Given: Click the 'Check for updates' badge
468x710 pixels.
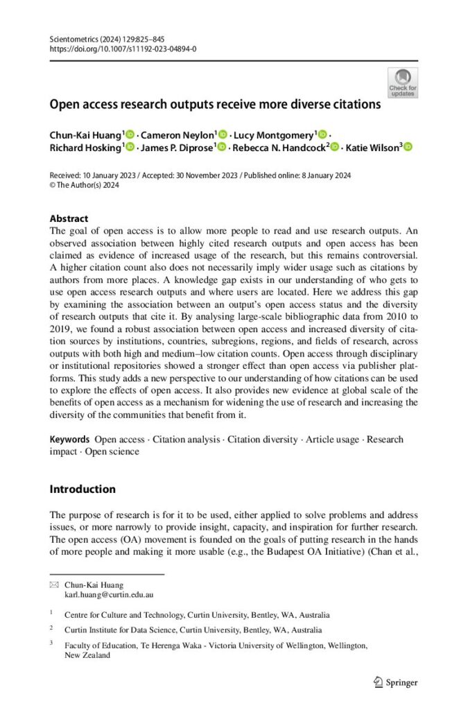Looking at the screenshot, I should coord(402,83).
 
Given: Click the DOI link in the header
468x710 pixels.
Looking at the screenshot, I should coord(123,49).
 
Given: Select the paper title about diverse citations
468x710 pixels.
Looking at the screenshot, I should coord(215,105).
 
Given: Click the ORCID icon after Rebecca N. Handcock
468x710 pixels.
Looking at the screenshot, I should coord(336,147).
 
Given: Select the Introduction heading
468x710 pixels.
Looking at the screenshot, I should coord(83,489).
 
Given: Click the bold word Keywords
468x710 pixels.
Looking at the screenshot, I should coord(69,440).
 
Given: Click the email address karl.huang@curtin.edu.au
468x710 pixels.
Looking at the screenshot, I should coord(109,595).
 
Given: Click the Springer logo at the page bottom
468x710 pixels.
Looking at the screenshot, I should coord(395,682).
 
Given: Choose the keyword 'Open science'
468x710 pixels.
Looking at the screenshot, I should coord(112,451).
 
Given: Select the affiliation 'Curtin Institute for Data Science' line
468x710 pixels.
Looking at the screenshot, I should coord(193,630).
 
